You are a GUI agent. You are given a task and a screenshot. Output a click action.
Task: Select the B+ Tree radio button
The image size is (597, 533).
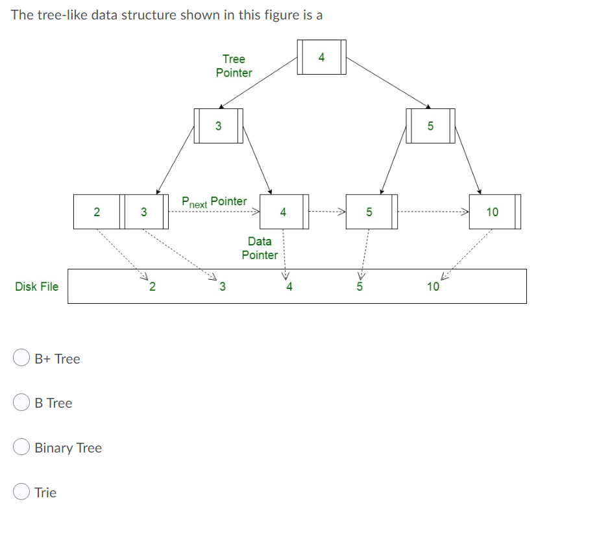point(21,358)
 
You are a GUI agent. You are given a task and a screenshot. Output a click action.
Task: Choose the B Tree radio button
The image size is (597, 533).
point(21,403)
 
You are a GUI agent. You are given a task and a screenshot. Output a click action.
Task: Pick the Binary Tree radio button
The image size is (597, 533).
point(21,448)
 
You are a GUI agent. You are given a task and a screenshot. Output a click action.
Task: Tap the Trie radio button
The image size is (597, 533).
point(21,492)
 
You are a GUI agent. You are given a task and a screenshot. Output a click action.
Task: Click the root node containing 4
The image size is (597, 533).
point(321,57)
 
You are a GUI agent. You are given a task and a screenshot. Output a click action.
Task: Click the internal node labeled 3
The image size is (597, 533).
point(218,126)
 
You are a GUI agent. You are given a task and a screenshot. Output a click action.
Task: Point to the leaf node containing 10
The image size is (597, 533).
point(493,212)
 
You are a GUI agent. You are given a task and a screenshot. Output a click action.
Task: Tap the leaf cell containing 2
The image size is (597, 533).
point(96,212)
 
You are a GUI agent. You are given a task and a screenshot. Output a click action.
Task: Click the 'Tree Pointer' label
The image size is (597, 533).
point(234,66)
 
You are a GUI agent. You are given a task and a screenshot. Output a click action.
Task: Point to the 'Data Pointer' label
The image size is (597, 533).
point(260,248)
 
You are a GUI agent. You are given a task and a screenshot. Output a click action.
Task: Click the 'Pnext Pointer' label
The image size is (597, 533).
point(214,202)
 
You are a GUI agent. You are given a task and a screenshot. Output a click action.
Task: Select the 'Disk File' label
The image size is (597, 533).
point(36,286)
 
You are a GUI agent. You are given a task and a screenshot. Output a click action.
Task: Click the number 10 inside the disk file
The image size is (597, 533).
point(433,286)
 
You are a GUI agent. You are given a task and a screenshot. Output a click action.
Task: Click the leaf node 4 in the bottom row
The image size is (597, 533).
point(283,212)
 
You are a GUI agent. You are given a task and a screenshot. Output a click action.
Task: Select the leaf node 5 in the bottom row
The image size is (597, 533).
point(369,212)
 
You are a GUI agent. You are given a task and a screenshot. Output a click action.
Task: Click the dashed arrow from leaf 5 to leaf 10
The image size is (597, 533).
point(432,212)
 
